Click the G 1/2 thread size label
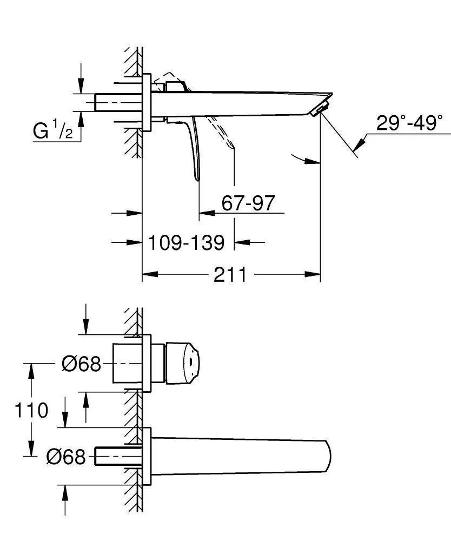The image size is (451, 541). [x=52, y=131]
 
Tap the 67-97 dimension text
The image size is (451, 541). [x=248, y=203]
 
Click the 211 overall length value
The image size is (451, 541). [x=230, y=275]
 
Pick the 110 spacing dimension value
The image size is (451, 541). [x=31, y=410]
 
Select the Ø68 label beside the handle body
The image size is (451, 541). [x=81, y=364]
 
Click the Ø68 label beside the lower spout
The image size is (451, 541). [x=66, y=458]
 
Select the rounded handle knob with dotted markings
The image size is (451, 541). [x=184, y=363]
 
